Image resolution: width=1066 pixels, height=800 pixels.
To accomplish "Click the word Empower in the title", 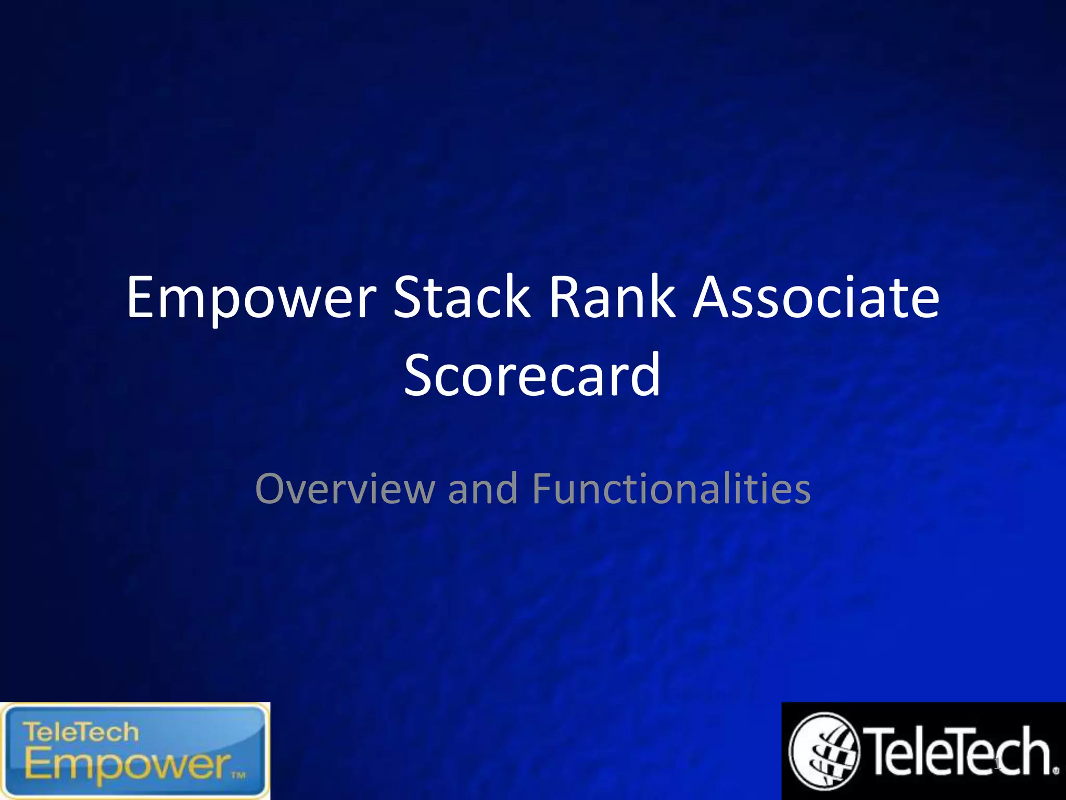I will click(x=251, y=298).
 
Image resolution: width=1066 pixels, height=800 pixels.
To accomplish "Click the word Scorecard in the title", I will click(x=532, y=374).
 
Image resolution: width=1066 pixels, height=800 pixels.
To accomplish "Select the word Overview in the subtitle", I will click(x=345, y=489).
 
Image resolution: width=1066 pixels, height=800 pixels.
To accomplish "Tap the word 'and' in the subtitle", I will click(x=483, y=489).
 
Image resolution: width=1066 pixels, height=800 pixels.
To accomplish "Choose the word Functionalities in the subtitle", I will click(x=671, y=489).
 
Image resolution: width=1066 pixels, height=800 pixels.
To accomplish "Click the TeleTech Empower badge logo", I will click(x=135, y=751).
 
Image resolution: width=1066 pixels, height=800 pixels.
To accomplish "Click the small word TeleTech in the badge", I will click(x=81, y=732).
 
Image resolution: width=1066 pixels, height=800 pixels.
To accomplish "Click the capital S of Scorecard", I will click(x=421, y=374).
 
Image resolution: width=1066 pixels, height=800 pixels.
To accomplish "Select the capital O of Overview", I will click(x=271, y=489).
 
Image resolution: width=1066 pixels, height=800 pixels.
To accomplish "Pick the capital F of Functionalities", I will click(x=543, y=489).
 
